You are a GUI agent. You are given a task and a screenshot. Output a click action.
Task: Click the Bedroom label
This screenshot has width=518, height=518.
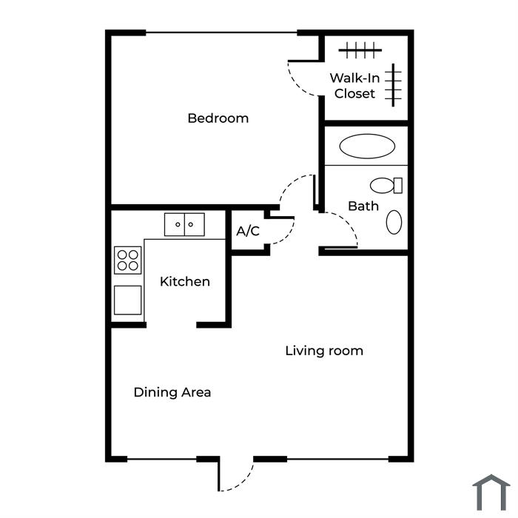[x=218, y=118]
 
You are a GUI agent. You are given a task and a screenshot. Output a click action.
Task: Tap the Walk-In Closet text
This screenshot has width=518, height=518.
[x=354, y=86]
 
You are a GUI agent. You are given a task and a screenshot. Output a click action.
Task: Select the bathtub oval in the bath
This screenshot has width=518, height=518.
[x=367, y=146]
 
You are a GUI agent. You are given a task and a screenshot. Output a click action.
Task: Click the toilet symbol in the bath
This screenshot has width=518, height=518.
[x=386, y=185]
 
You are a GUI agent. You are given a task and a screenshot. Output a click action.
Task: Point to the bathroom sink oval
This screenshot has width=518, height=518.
[x=394, y=222]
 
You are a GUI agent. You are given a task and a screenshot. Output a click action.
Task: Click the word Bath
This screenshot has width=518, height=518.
[x=363, y=206]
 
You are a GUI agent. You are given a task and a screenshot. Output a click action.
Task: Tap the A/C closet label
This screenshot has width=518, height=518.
[x=248, y=231]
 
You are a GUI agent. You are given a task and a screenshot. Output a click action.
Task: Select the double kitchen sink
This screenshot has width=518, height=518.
[x=184, y=225]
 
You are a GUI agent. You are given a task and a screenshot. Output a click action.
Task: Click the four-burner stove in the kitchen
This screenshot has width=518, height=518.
[x=127, y=260]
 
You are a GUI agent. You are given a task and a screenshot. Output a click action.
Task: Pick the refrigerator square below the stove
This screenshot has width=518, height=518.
[x=127, y=300]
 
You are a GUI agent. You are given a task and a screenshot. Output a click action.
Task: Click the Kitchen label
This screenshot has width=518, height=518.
[x=185, y=281]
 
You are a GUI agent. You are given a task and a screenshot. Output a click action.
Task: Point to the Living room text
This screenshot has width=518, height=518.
[x=324, y=351]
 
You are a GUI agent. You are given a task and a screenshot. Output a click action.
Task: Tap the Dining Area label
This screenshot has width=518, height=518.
[x=172, y=392]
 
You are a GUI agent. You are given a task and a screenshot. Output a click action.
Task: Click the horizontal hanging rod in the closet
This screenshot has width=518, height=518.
[x=360, y=50]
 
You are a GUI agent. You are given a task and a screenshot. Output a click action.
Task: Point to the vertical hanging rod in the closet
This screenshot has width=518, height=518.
[x=393, y=85]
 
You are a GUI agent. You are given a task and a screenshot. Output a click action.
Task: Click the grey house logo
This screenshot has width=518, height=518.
[x=491, y=493]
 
